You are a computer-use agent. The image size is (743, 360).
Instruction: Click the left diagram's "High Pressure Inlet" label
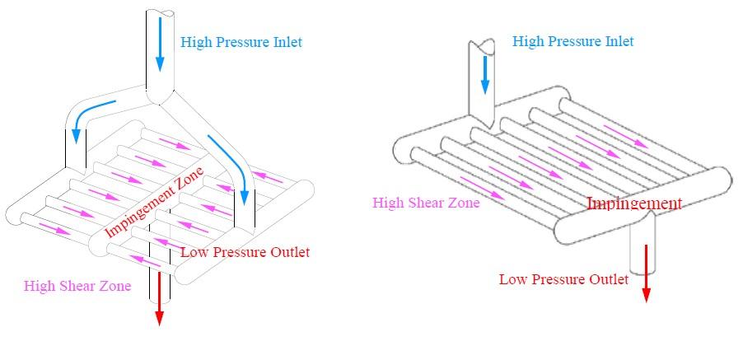[241, 42]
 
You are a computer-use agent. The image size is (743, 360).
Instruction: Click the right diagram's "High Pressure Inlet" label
[572, 41]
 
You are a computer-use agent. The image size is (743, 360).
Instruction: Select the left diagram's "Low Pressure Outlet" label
[245, 252]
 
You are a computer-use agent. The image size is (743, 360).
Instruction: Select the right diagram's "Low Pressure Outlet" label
[563, 279]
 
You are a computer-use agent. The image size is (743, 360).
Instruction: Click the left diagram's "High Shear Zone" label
[77, 286]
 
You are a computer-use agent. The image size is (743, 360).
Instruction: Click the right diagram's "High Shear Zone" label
[426, 202]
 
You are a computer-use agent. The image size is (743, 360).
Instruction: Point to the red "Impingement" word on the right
[633, 203]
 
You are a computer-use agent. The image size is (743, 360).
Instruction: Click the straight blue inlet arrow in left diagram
[160, 50]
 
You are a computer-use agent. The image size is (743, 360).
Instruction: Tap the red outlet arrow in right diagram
[647, 272]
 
